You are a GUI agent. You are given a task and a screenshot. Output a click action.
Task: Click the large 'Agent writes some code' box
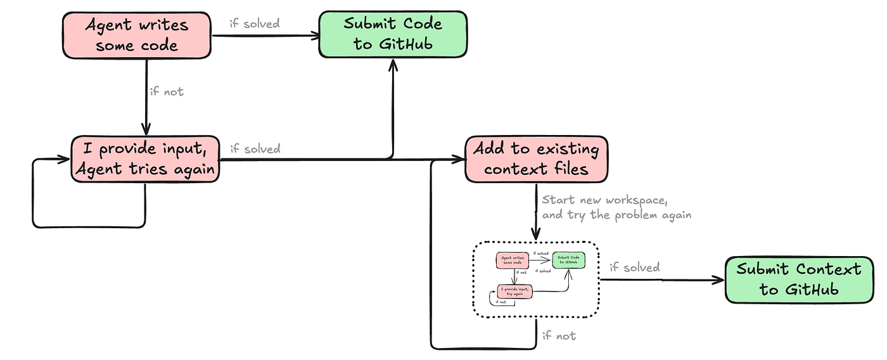click(x=136, y=35)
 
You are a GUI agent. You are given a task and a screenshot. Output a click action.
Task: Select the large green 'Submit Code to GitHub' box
click(x=393, y=34)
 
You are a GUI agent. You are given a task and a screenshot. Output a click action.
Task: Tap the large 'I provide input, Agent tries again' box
click(x=145, y=159)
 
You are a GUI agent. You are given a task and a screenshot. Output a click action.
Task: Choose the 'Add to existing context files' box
click(x=536, y=159)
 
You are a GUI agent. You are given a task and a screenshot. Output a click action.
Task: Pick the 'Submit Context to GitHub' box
click(x=799, y=279)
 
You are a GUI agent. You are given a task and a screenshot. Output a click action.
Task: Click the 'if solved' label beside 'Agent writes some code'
click(x=254, y=24)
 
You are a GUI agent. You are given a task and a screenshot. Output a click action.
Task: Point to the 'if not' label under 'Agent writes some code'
click(x=167, y=91)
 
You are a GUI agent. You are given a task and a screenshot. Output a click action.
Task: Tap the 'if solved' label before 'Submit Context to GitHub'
click(x=634, y=267)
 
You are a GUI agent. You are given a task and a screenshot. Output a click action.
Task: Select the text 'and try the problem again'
click(x=616, y=215)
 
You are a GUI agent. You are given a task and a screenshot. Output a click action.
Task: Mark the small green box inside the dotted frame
click(x=568, y=260)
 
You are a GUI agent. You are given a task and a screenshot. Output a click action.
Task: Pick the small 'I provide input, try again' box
click(x=514, y=292)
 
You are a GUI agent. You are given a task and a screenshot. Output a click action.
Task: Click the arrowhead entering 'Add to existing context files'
click(x=460, y=160)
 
